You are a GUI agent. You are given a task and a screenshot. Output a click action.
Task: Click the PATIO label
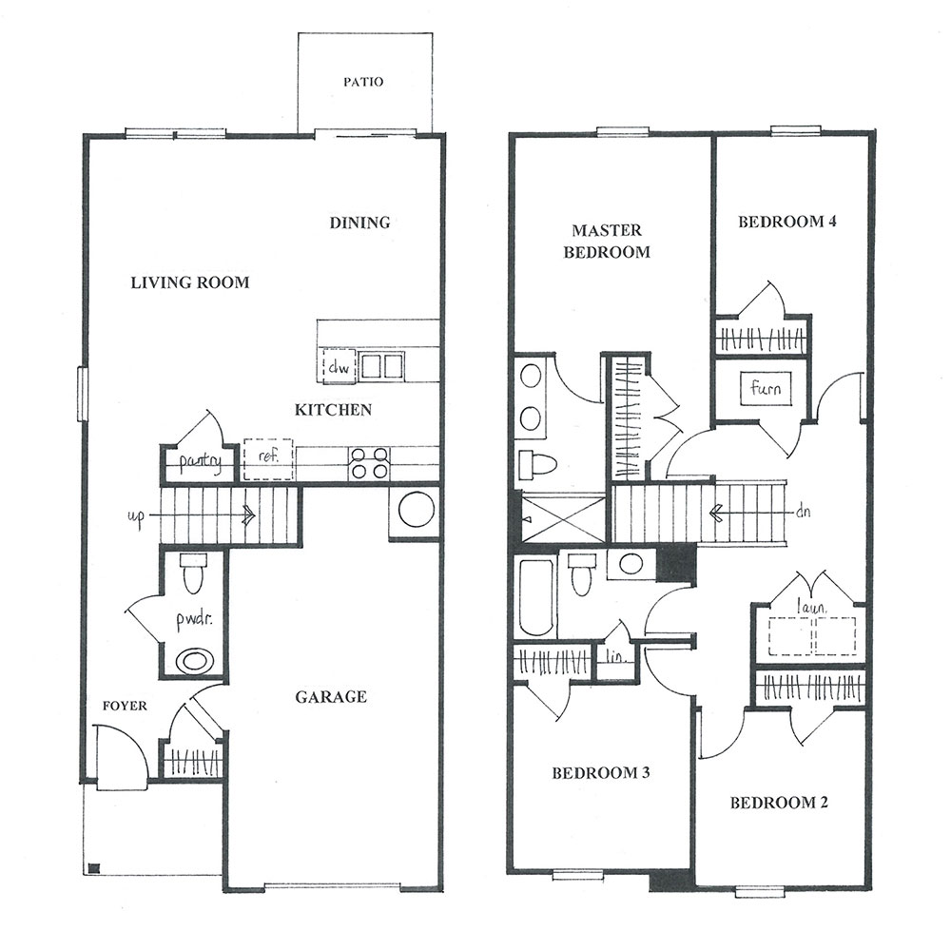363,81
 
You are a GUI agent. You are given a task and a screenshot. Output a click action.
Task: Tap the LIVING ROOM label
190,282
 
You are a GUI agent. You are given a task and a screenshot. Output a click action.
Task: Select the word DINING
359,223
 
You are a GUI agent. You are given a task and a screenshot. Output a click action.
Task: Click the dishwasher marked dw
339,366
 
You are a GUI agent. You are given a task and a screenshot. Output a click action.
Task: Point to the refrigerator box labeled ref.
268,459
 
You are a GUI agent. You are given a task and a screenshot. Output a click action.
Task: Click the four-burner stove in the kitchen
370,463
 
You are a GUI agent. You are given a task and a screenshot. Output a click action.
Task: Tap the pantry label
200,461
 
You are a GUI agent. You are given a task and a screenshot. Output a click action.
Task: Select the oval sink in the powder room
194,660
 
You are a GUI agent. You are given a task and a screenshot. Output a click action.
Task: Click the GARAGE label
331,697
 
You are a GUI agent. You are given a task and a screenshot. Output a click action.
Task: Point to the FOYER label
125,706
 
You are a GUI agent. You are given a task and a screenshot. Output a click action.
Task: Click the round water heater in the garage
417,510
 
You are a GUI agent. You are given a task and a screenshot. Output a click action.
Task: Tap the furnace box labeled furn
766,388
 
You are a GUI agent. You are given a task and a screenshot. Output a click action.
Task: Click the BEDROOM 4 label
786,222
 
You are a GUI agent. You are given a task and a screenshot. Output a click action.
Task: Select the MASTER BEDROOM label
607,241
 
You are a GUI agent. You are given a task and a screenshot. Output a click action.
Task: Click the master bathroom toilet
536,465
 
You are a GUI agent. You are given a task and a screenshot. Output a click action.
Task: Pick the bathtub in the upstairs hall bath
536,598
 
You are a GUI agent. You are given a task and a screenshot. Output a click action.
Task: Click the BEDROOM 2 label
779,803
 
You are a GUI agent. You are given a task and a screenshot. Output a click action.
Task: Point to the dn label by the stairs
803,512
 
